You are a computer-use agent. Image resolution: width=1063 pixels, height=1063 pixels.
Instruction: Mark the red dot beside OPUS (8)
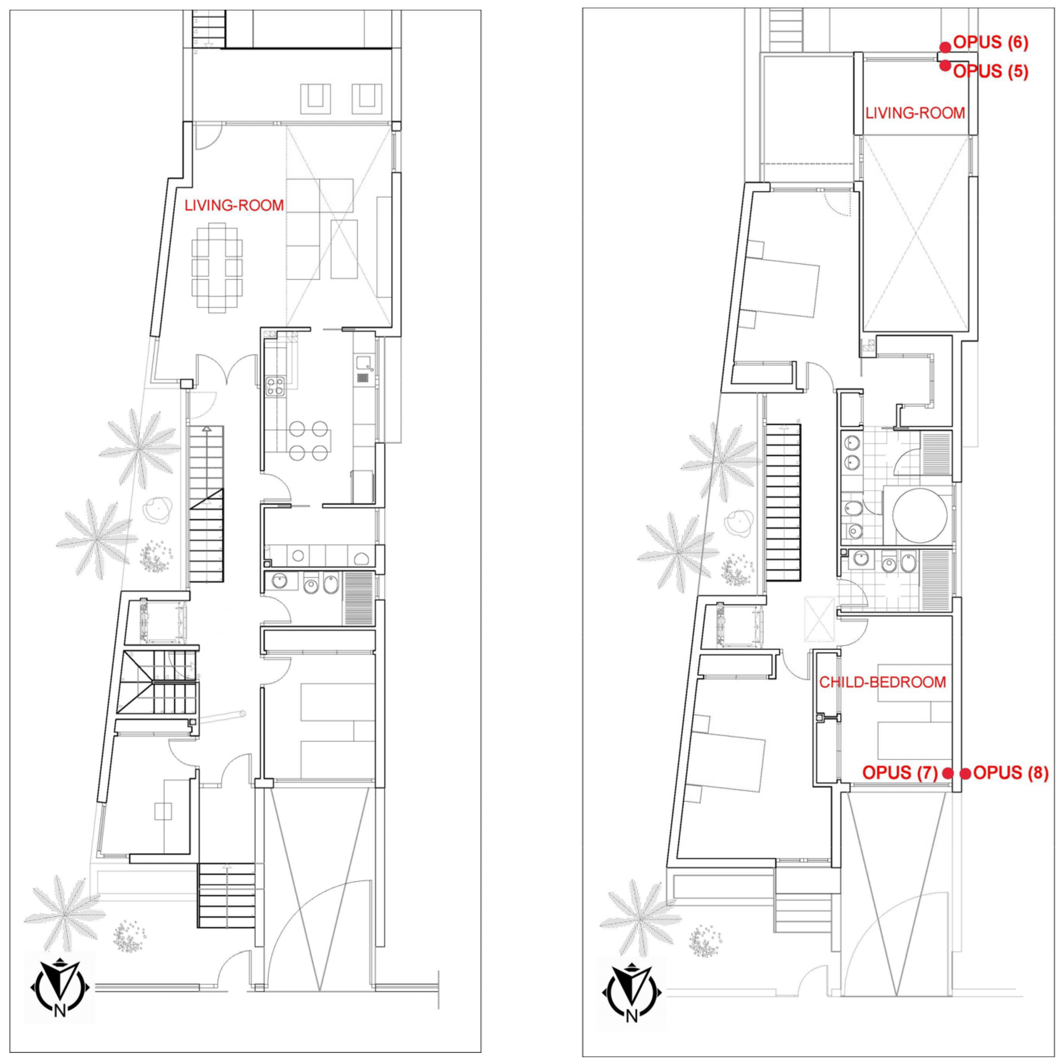[x=966, y=773]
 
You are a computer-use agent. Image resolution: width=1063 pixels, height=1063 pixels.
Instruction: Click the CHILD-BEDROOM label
[x=883, y=682]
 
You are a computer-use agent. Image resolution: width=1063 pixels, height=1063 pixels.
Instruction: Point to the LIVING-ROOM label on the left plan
[x=234, y=206]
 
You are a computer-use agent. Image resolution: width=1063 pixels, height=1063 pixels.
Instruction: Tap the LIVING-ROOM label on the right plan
[x=916, y=113]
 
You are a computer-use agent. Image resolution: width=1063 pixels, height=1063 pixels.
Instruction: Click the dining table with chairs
[x=217, y=267]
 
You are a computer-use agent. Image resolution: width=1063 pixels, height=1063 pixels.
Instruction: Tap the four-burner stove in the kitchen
[x=275, y=385]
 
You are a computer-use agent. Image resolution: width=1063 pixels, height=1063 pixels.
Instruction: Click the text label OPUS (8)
[x=1011, y=773]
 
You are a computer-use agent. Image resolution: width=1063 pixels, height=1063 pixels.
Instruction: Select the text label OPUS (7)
[x=900, y=772]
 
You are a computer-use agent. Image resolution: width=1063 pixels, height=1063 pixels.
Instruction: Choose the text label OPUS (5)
[x=991, y=71]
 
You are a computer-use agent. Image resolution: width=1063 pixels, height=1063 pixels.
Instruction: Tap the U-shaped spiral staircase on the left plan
[x=160, y=682]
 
